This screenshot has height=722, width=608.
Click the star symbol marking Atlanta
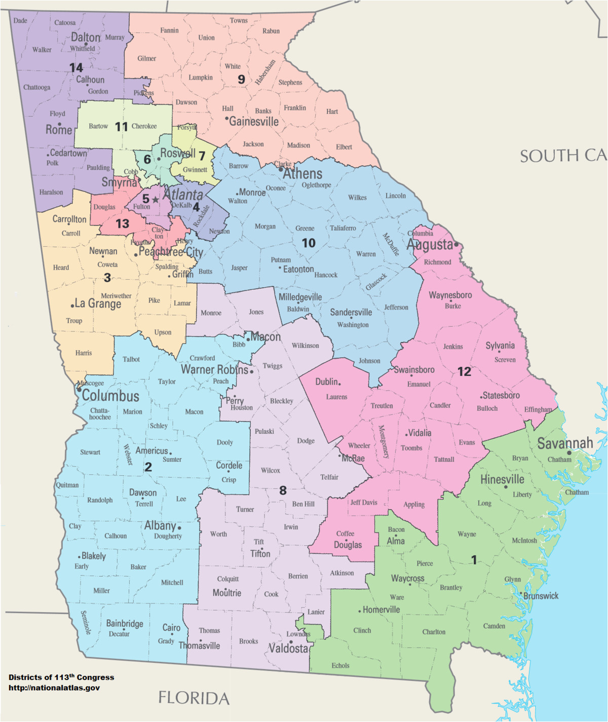pos(156,200)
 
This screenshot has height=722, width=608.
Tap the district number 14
pos(76,67)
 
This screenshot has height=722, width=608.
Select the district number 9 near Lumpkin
pos(241,79)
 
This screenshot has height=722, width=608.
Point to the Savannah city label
pos(564,443)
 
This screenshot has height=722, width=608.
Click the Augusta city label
pos(430,245)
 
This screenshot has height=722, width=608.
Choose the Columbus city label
pos(110,396)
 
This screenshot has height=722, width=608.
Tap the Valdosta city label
pos(288,648)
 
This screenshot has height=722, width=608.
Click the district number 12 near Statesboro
pos(464,372)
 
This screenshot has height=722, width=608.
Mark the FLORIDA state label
pos(194,698)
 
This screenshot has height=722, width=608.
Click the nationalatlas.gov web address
pos(54,688)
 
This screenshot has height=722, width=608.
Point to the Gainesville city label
pos(254,122)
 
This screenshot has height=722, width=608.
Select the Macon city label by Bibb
pos(265,337)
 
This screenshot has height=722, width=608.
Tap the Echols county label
pos(340,665)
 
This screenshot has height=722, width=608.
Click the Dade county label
pos(20,21)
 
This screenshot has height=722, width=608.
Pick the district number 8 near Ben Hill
pos(283,490)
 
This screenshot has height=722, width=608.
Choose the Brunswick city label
pos(541,596)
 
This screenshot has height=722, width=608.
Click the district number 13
pos(122,223)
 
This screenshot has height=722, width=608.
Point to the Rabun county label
pos(271,31)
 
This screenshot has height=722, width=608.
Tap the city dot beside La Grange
pos(72,306)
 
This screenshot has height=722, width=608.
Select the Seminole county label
pos(86,623)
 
